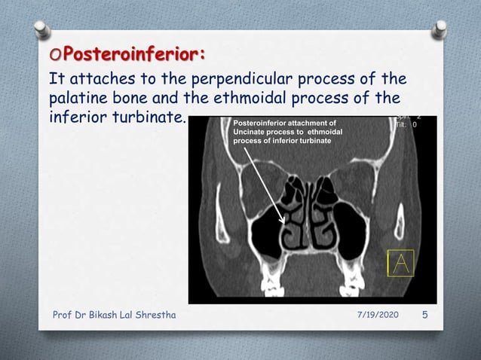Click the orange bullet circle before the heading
54,56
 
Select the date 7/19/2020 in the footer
375,314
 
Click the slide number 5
424,314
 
